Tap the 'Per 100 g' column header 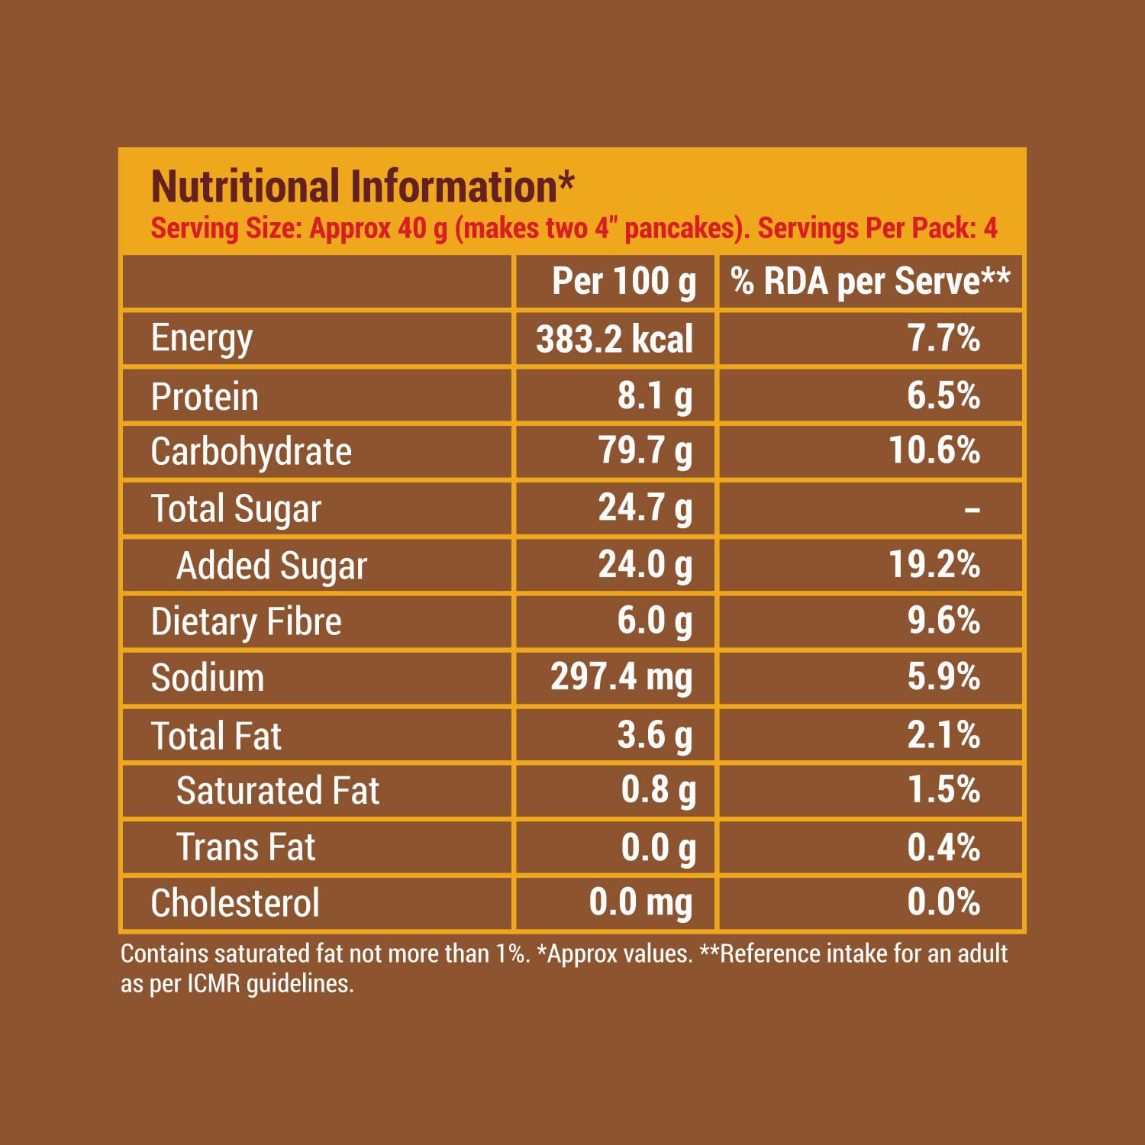[x=624, y=282]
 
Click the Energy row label [x=202, y=338]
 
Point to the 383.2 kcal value [x=614, y=340]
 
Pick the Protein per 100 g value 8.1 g [x=655, y=396]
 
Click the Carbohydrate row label [x=251, y=452]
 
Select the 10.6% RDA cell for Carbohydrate [x=934, y=450]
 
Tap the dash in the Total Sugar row [x=972, y=509]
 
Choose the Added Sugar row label [x=272, y=566]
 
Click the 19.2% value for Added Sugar [x=934, y=565]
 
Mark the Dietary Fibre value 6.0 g [x=655, y=621]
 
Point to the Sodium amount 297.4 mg [x=621, y=677]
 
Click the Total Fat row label [x=216, y=736]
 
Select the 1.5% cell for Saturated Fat [x=943, y=790]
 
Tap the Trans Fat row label [x=246, y=847]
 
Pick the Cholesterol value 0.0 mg [x=640, y=903]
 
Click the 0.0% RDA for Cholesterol [x=943, y=902]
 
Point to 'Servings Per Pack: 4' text [x=877, y=228]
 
